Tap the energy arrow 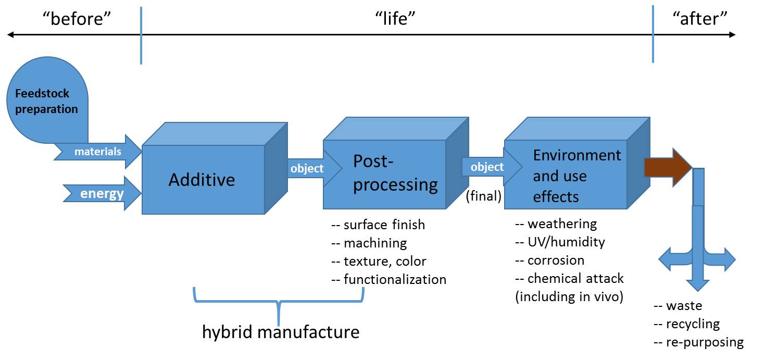[x=102, y=194]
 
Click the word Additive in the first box [x=202, y=180]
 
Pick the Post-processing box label [x=395, y=173]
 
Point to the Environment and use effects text [x=576, y=176]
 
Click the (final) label [x=484, y=196]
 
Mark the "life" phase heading [x=397, y=20]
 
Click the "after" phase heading [x=699, y=20]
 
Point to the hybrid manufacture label [x=281, y=332]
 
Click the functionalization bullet [x=389, y=279]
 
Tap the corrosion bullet [x=550, y=260]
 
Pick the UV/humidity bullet [x=560, y=242]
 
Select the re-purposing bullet [x=698, y=342]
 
